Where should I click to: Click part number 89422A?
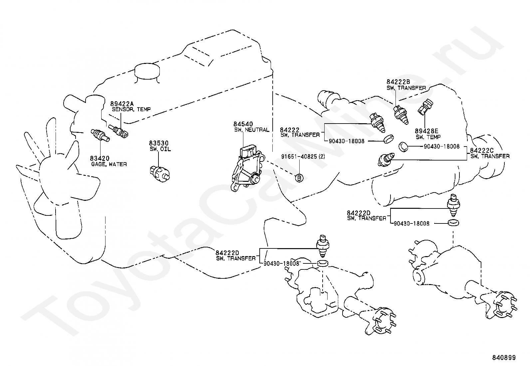(x=121, y=104)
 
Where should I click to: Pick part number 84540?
(x=243, y=125)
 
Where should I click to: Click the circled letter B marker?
(x=299, y=178)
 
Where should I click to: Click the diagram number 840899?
(x=504, y=358)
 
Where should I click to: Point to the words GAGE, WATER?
(x=109, y=164)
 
